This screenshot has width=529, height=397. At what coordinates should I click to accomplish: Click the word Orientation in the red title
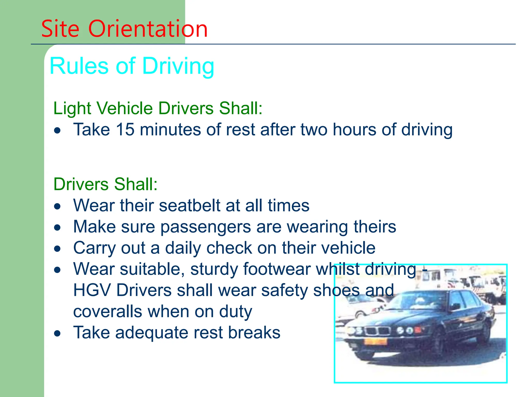point(148,29)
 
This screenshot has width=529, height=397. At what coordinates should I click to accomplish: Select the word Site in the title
point(60,29)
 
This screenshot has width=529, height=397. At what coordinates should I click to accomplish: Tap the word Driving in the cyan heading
point(178,66)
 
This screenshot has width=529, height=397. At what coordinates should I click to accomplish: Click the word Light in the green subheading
point(72,108)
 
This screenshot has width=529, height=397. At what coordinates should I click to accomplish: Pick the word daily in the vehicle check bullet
point(183,248)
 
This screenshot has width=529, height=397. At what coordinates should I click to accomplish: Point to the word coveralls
point(107,311)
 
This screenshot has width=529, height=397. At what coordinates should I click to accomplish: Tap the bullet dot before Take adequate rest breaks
point(57,333)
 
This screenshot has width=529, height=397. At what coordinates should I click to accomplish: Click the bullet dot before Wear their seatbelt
point(57,207)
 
